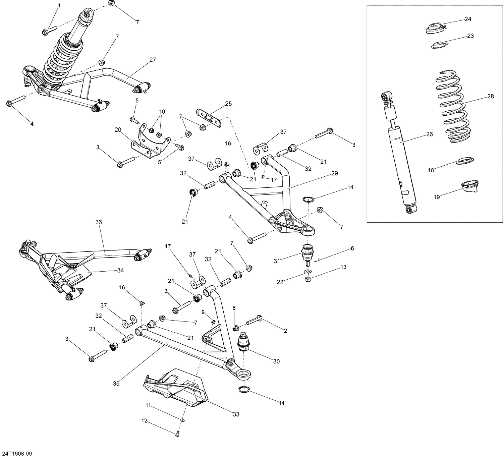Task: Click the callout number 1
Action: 59,5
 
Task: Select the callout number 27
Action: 153,60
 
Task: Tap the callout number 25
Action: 228,104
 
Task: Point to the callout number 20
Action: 117,130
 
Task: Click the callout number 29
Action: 334,173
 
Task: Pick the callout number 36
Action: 98,222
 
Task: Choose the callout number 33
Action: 236,414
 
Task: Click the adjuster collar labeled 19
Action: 470,186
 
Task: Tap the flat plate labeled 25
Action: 209,118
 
